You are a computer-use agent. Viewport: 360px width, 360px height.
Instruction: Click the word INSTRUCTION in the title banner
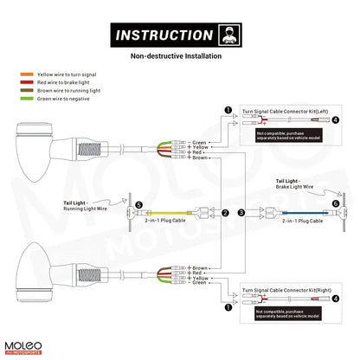(163, 35)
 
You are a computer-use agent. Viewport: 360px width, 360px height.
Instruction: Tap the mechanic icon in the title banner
(229, 35)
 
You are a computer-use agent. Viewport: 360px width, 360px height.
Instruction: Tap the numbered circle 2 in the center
(226, 212)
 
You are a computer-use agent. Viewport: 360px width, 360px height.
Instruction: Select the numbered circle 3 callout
(241, 212)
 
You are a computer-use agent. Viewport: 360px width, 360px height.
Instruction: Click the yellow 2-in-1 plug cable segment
(173, 212)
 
